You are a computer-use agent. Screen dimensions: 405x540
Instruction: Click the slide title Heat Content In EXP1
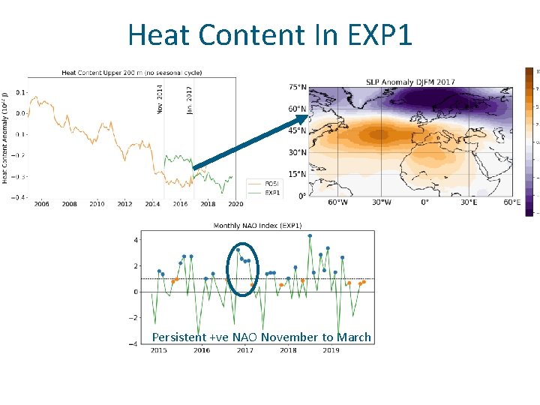pyautogui.click(x=270, y=34)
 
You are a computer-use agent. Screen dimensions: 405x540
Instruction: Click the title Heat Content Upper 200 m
pyautogui.click(x=131, y=73)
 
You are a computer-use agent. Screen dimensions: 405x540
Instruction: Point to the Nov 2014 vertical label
pyautogui.click(x=160, y=99)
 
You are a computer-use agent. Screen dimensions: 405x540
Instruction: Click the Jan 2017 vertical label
pyautogui.click(x=189, y=99)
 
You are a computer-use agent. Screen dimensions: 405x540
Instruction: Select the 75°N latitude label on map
pyautogui.click(x=298, y=88)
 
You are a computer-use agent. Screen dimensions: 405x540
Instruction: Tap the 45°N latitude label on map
pyautogui.click(x=298, y=130)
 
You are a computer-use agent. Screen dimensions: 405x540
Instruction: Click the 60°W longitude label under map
pyautogui.click(x=338, y=202)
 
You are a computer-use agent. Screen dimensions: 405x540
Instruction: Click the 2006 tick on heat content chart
pyautogui.click(x=42, y=204)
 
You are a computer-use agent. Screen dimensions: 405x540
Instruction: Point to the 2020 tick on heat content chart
pyautogui.click(x=235, y=204)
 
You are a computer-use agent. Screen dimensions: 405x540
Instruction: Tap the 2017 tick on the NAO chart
pyautogui.click(x=244, y=350)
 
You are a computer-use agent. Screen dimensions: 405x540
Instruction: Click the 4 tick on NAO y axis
pyautogui.click(x=136, y=240)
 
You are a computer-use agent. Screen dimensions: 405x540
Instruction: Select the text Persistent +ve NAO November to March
pyautogui.click(x=261, y=337)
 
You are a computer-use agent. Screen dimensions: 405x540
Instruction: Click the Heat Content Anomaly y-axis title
pyautogui.click(x=6, y=136)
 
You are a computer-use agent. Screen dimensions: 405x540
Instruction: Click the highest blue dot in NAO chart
pyautogui.click(x=310, y=235)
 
